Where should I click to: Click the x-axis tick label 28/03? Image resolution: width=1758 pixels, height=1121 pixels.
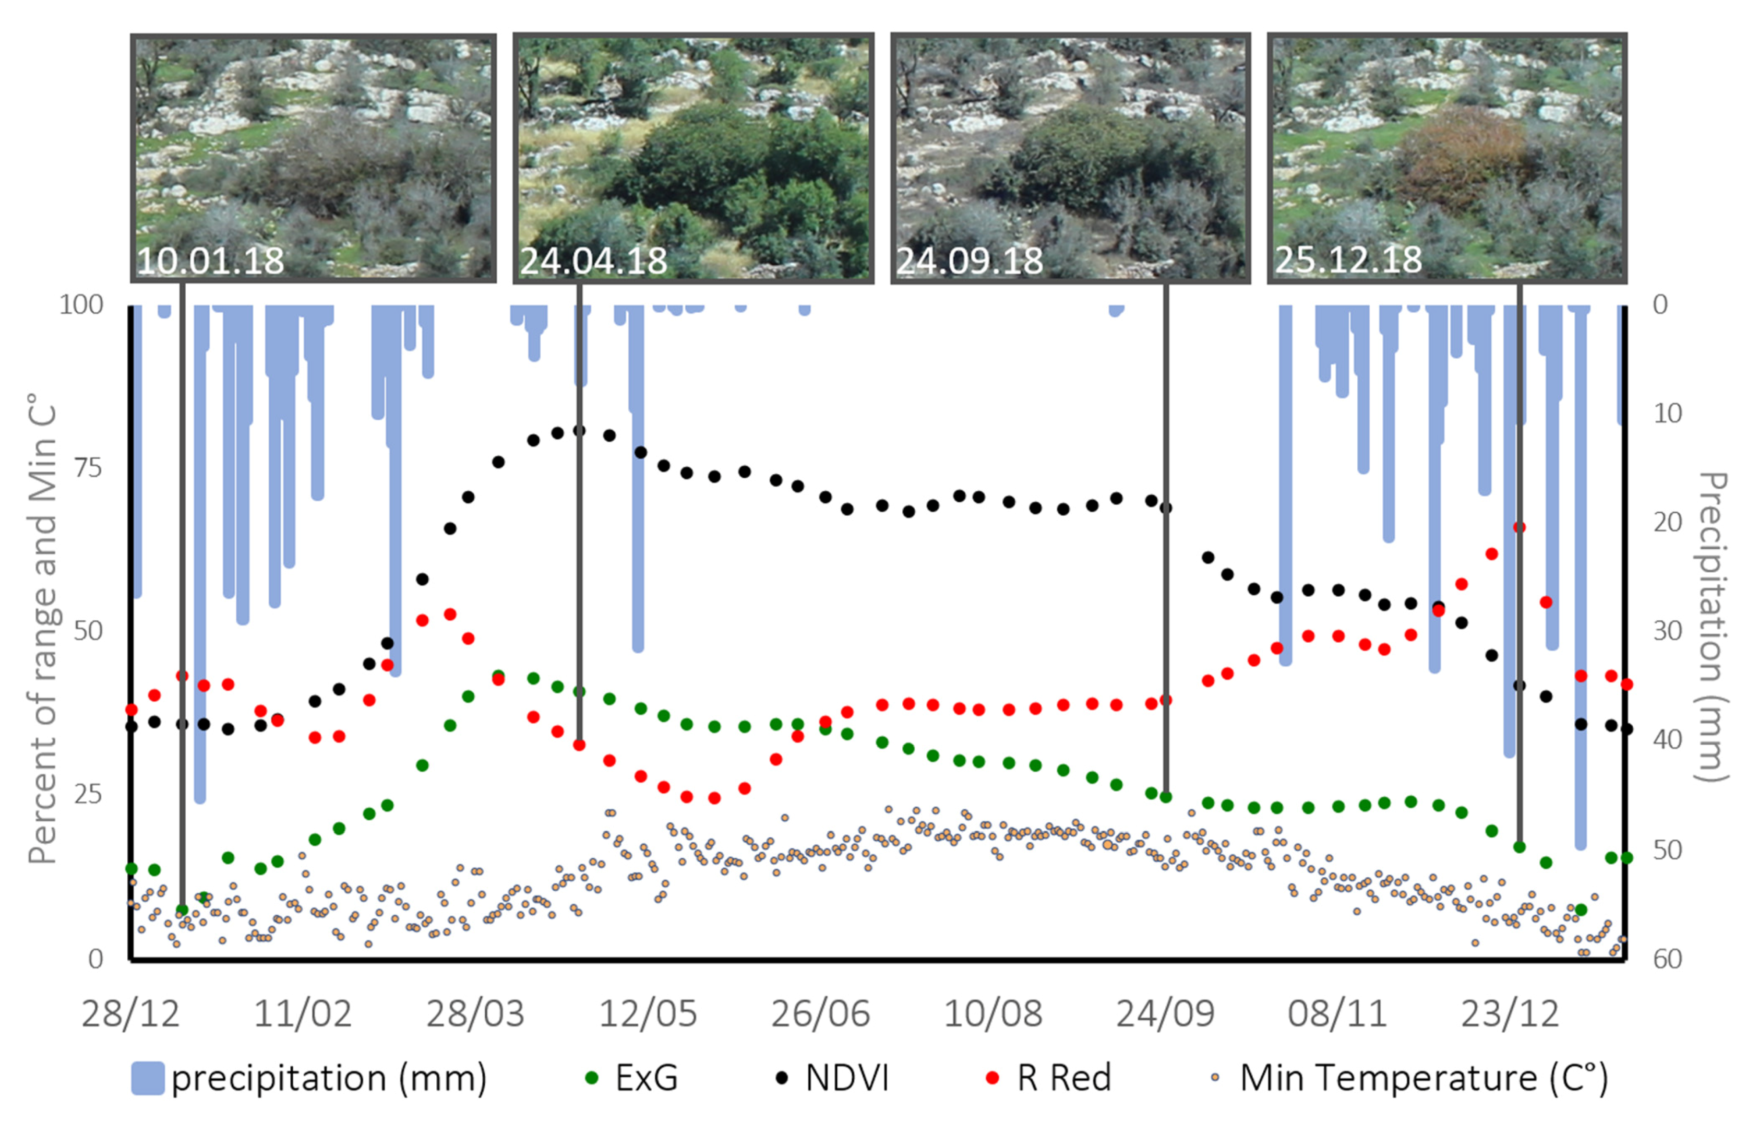pos(475,1013)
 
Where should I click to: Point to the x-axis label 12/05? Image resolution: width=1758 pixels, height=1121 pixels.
pos(648,1013)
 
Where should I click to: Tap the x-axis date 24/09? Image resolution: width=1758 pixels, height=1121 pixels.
pos(1165,1013)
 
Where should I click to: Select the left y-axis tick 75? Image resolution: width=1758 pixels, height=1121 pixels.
pos(88,467)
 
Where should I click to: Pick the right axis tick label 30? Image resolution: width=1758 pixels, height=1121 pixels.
pos(1668,631)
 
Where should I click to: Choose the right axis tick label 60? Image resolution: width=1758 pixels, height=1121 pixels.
pos(1668,958)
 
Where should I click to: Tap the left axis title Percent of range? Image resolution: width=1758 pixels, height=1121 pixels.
pos(42,628)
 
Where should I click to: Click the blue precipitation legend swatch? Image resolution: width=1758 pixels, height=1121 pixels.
pos(148,1078)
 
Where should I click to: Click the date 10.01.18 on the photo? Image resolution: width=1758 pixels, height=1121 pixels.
pos(210,261)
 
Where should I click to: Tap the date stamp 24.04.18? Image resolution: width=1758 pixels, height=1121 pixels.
pos(593,261)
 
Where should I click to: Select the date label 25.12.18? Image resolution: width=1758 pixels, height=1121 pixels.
pos(1348,259)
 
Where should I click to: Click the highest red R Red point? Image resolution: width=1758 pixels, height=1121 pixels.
pos(1519,527)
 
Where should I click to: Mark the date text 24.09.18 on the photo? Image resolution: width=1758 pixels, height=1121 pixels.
pos(970,261)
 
